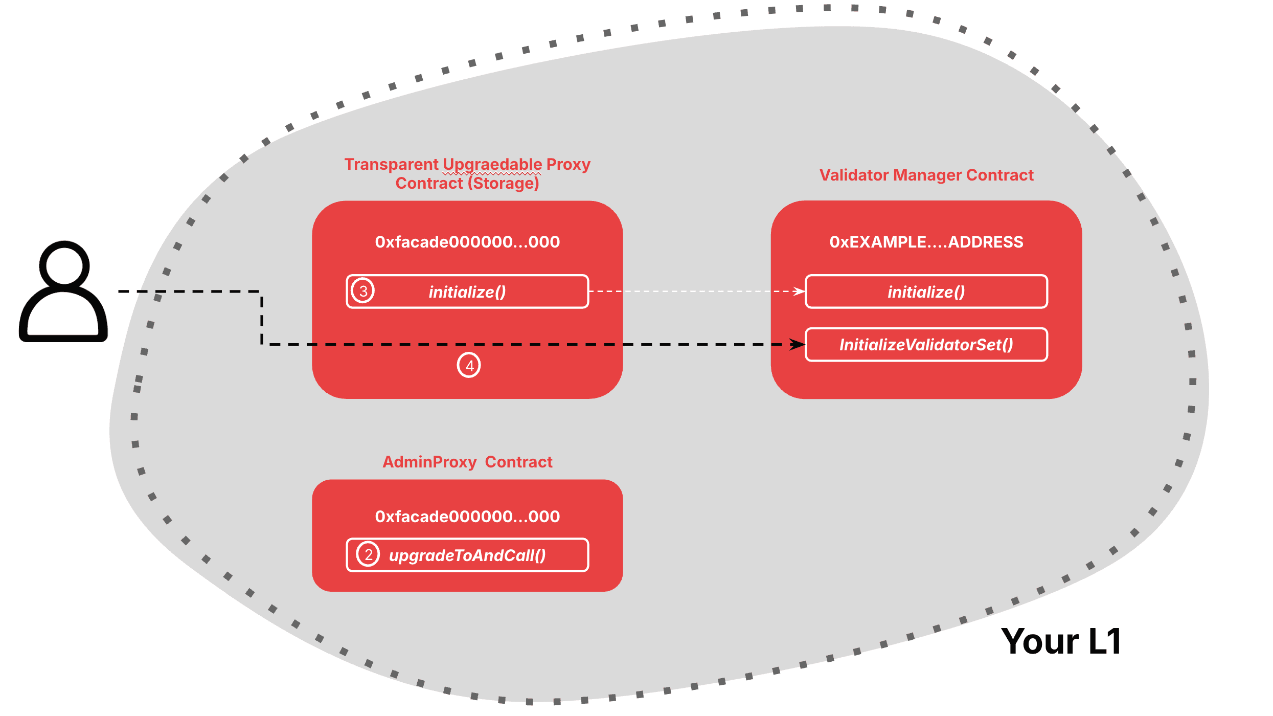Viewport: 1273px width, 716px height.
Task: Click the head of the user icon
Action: [x=64, y=265]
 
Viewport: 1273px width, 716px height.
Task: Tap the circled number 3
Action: [x=363, y=291]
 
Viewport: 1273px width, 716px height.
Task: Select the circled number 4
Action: [x=469, y=365]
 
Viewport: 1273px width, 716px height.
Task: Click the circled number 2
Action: [x=368, y=554]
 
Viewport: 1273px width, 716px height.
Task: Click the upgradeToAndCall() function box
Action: [x=467, y=555]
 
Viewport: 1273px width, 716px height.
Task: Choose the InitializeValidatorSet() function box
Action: [x=926, y=345]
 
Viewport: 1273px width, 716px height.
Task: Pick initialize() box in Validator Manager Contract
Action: [x=926, y=292]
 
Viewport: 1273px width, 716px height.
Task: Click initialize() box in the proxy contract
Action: [x=467, y=292]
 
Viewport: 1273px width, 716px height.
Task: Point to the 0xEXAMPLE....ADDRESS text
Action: [x=926, y=242]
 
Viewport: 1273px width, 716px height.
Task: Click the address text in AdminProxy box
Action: [x=467, y=517]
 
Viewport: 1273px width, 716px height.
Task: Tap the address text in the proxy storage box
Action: [x=467, y=242]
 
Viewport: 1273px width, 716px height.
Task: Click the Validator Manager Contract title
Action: [x=926, y=175]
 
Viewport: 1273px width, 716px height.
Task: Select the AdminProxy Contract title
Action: [x=467, y=462]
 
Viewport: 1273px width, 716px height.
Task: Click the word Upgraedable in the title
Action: [x=492, y=164]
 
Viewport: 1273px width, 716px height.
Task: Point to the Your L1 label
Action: [x=1061, y=641]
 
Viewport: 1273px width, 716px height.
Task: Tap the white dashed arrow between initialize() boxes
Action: [x=695, y=291]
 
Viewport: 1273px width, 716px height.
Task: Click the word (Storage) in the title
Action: [x=503, y=183]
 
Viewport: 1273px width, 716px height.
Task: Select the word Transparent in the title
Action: [x=391, y=164]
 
